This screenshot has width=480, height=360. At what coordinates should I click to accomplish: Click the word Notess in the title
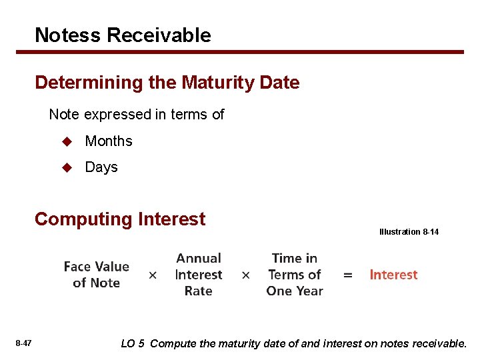coord(65,35)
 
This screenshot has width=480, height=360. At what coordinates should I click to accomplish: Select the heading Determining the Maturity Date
coord(167,83)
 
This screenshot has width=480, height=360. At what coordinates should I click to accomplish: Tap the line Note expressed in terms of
coord(137,115)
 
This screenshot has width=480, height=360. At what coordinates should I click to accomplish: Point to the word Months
coord(109,141)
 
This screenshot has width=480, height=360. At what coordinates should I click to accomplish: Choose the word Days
coord(101,167)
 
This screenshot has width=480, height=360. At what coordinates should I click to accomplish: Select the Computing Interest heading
coord(120,219)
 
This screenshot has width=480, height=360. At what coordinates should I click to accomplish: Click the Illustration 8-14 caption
coord(409,232)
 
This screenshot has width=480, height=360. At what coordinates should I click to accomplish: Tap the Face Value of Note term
coord(96,275)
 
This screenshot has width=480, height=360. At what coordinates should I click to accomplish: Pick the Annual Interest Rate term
coord(198,275)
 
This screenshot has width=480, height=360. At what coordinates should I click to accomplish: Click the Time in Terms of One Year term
coord(295,275)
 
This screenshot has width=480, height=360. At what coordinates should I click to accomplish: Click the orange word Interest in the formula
coord(393,275)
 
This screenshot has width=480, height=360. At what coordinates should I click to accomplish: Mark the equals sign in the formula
coord(347,275)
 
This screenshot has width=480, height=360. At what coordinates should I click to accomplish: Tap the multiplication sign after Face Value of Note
coord(153,275)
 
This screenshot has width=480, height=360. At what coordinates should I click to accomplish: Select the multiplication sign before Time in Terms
coord(245,275)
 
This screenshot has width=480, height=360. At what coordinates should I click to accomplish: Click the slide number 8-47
coord(23,343)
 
